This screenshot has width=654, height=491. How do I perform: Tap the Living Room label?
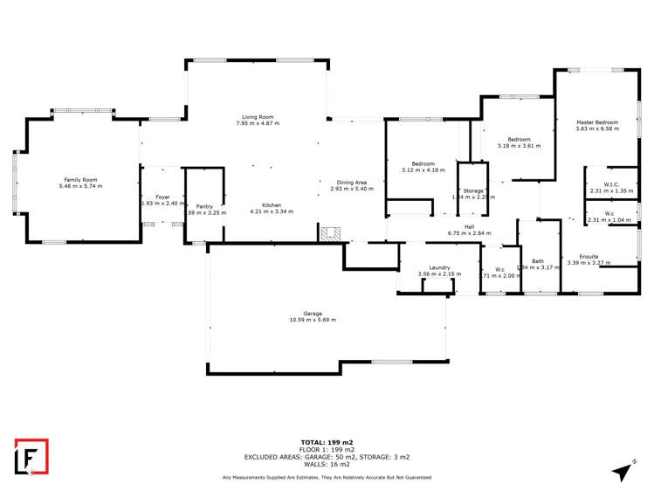(x=258, y=117)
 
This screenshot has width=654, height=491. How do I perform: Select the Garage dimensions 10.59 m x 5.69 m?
(x=313, y=320)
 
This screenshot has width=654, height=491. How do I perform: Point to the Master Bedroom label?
(x=597, y=122)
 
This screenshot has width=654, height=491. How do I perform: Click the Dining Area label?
(x=352, y=182)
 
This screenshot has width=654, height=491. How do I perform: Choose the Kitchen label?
(x=272, y=204)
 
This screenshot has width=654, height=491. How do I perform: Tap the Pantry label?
(x=205, y=206)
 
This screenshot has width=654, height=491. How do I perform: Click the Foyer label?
(x=162, y=197)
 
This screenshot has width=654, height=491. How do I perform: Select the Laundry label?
(x=438, y=267)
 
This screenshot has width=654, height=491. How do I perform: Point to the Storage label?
(x=473, y=190)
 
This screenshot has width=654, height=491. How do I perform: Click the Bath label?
(x=538, y=260)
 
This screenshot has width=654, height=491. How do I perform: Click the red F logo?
(x=31, y=457)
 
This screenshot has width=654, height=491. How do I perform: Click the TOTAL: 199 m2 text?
(x=327, y=443)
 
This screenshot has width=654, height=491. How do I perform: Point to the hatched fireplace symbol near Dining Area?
(x=330, y=233)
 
